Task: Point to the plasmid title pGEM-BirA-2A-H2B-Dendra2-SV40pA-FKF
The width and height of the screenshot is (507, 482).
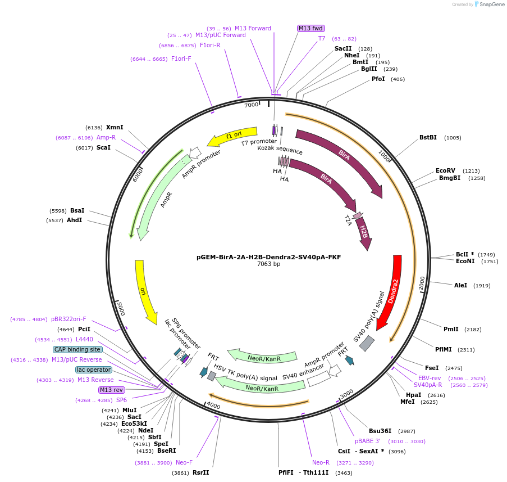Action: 268,257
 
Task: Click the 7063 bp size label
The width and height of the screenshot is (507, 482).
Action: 268,264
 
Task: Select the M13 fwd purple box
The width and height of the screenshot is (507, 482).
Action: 311,28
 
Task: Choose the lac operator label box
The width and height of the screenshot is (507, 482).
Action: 94,370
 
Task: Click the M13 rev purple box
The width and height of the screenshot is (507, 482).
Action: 111,390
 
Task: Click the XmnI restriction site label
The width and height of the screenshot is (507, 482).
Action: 115,128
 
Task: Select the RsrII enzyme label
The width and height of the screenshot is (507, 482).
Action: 200,472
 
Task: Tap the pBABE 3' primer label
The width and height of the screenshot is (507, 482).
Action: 368,441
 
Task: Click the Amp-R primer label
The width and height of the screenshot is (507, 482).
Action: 106,137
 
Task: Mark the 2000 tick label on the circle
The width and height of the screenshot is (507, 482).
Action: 422,283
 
